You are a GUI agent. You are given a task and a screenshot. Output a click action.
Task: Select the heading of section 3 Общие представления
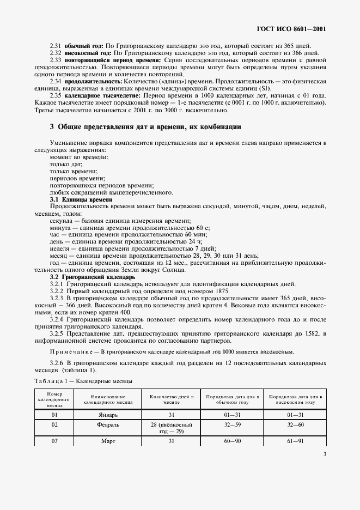tap(145, 126)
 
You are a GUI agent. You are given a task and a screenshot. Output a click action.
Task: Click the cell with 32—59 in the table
tap(233, 424)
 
